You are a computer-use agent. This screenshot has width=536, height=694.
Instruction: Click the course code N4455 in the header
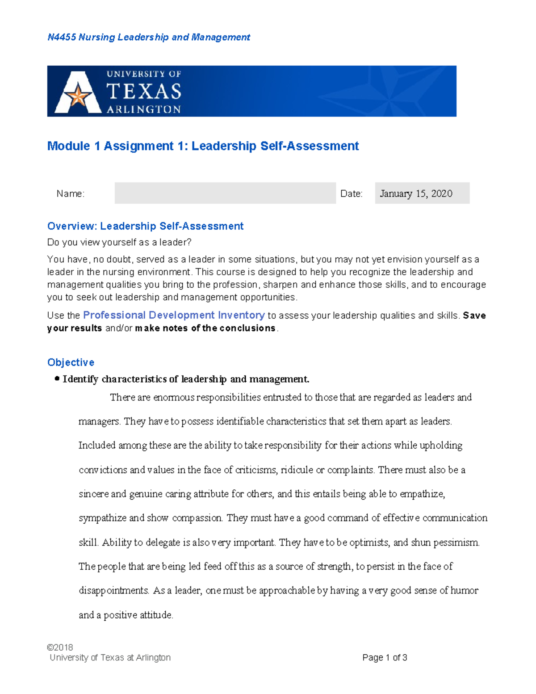(62, 37)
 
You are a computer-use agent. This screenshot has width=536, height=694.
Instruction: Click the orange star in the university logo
(78, 96)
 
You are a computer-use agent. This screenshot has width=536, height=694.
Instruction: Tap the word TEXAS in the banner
(144, 92)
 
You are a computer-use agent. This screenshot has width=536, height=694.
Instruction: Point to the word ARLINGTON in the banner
(143, 109)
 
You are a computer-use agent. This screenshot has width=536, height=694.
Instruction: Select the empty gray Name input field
(225, 193)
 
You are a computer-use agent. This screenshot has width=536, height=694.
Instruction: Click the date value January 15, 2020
(416, 193)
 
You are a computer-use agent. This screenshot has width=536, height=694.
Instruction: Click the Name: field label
(70, 193)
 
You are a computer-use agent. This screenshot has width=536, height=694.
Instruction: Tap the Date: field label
(351, 193)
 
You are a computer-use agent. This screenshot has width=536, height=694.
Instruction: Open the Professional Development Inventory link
(174, 315)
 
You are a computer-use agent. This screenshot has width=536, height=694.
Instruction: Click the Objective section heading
(71, 362)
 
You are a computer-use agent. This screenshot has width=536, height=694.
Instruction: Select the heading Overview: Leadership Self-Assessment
(145, 226)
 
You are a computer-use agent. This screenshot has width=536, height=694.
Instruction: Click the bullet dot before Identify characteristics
(57, 379)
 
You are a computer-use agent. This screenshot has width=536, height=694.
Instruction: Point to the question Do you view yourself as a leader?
(119, 242)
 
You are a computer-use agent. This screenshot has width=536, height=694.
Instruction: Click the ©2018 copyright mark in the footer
(60, 647)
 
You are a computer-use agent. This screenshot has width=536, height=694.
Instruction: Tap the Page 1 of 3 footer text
(385, 657)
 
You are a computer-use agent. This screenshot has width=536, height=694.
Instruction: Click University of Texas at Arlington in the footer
(110, 657)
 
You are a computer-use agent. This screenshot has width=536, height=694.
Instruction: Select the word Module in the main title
(68, 146)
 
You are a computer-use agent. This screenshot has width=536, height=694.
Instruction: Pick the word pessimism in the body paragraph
(456, 543)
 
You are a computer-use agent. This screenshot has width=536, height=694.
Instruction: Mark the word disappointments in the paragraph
(114, 591)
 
